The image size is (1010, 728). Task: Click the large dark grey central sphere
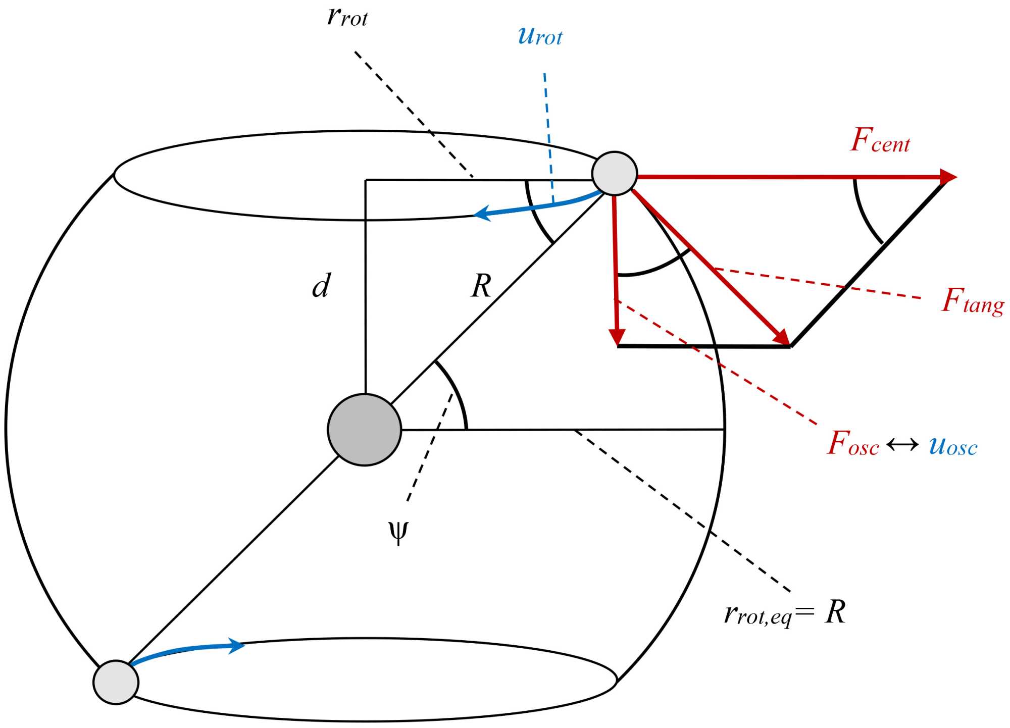(x=364, y=430)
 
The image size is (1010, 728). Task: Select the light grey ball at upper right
(x=614, y=173)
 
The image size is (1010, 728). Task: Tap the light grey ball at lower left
(x=116, y=682)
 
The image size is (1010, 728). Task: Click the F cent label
(x=880, y=141)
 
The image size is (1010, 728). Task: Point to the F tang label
(x=973, y=301)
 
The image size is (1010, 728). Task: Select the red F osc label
(x=853, y=444)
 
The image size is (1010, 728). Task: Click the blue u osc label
(x=953, y=446)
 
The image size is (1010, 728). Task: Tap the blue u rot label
(x=540, y=36)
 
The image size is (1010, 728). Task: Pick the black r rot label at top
(x=347, y=17)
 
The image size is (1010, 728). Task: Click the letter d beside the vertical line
(x=321, y=286)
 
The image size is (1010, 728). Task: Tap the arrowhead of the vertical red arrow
(x=617, y=337)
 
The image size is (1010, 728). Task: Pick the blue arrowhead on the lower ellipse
(x=236, y=645)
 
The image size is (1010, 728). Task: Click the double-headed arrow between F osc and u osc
(x=903, y=445)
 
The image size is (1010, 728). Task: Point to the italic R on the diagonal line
(x=481, y=286)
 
